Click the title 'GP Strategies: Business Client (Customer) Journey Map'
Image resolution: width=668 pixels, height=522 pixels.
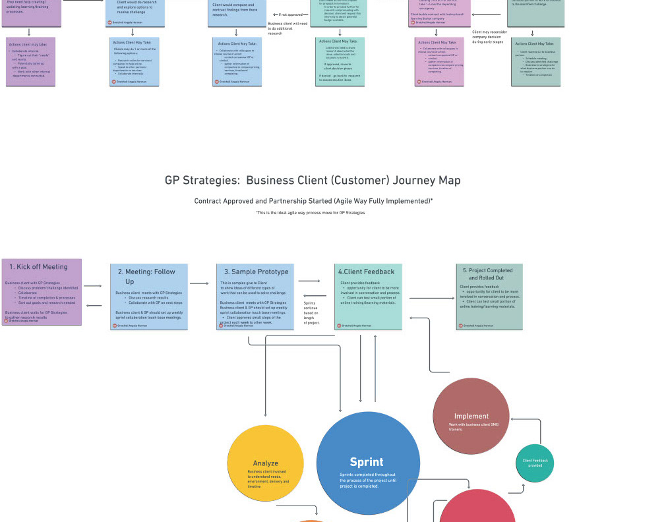[313, 181]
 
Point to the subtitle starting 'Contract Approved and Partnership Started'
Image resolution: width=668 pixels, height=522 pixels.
[313, 201]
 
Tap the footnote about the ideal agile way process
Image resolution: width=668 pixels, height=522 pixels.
[310, 213]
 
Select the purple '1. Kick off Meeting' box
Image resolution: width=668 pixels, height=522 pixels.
[42, 292]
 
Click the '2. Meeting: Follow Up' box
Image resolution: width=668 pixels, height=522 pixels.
[149, 297]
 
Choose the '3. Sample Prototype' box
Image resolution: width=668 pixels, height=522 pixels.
[255, 296]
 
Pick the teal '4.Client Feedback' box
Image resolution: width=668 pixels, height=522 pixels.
[368, 296]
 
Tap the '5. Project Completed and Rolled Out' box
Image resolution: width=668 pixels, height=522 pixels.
[489, 296]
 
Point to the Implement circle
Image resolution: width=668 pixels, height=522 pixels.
[471, 416]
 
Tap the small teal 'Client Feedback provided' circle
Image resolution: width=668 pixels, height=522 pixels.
[535, 463]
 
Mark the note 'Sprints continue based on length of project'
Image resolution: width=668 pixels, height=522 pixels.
[311, 313]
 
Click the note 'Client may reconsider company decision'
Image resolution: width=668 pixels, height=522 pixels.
[489, 37]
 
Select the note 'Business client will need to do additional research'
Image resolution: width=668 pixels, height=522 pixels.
[288, 28]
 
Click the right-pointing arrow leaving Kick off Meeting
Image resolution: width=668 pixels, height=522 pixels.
[93, 286]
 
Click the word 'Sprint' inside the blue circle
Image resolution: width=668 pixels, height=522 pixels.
[366, 462]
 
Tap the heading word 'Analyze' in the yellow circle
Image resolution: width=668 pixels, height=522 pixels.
[265, 463]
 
